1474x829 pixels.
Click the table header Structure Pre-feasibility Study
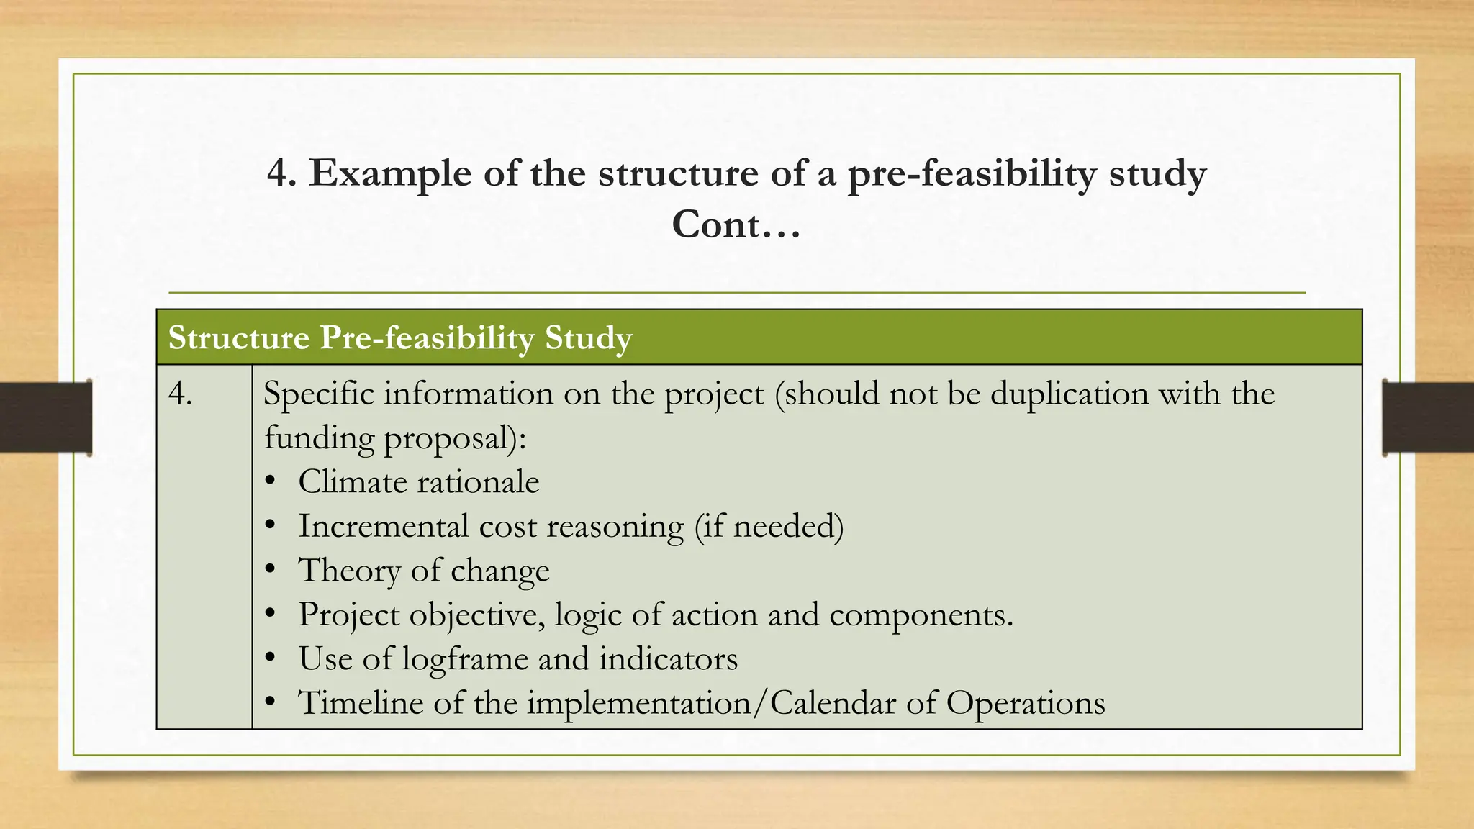(400, 338)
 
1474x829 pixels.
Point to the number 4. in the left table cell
(180, 394)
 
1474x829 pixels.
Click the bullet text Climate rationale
(418, 482)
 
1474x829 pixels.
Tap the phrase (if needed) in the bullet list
(769, 526)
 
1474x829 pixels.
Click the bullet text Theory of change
(424, 571)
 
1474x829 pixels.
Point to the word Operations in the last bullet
(1026, 703)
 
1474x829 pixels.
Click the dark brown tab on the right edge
(1428, 417)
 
